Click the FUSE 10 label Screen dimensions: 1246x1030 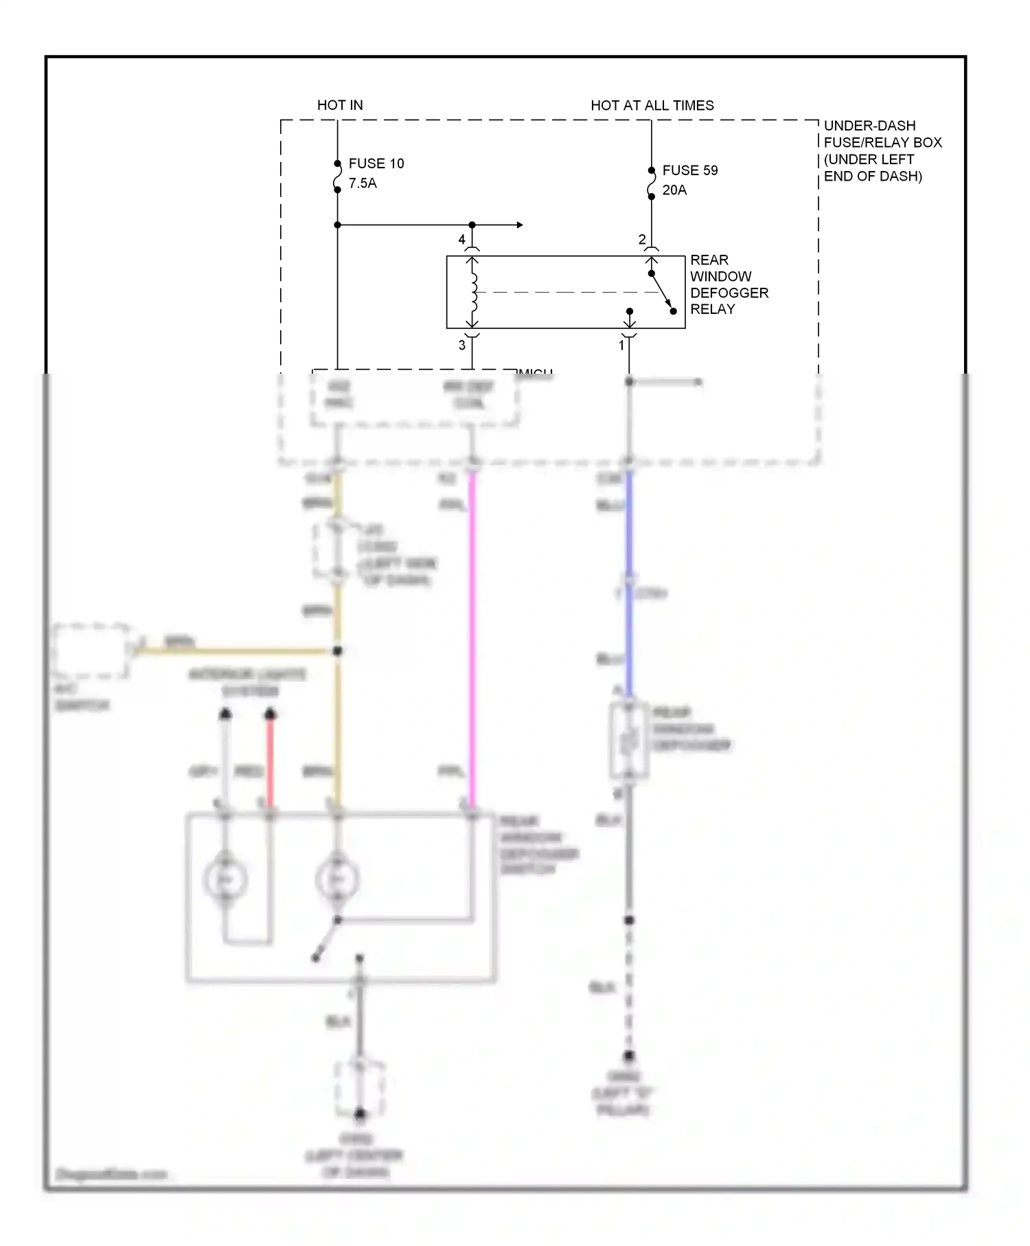tap(376, 163)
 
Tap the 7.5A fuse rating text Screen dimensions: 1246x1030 tap(363, 183)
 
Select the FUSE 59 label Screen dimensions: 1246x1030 tap(689, 170)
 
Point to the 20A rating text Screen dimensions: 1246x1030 tap(674, 190)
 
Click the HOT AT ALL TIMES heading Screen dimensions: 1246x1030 tap(652, 105)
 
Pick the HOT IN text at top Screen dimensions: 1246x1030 tap(340, 105)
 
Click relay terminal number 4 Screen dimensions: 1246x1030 tap(461, 239)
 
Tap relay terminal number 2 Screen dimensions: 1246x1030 tap(641, 239)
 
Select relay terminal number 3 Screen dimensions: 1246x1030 tap(461, 345)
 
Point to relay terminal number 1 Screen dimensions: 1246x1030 tap(621, 345)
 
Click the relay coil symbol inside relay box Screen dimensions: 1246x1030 tap(473, 292)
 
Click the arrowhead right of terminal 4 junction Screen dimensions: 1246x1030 tap(520, 225)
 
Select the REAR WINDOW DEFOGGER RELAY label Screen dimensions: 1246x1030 tap(728, 284)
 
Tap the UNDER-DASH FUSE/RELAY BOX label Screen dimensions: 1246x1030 tap(882, 150)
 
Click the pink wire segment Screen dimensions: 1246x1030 tap(472, 639)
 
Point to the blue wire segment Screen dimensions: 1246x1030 tap(628, 584)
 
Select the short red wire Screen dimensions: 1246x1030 tap(270, 762)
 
